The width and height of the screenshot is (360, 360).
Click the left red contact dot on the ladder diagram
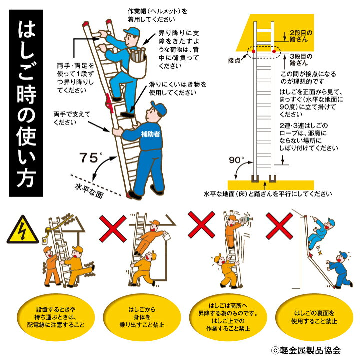point(254,51)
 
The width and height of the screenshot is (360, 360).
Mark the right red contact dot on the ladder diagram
point(273,50)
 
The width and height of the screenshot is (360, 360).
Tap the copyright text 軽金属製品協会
point(310,350)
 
